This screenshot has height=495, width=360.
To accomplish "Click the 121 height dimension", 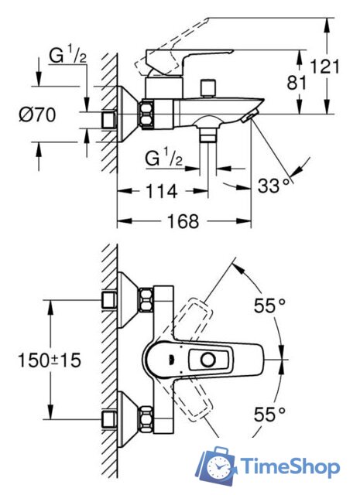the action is coord(325,67).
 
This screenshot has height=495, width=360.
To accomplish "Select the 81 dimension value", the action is coord(297,83).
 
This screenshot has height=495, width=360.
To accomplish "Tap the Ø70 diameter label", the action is coord(37,114).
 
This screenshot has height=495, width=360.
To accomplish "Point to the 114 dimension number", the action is coord(161,191).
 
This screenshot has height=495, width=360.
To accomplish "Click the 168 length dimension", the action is coord(183,221).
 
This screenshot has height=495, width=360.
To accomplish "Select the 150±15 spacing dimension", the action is coord(50,360).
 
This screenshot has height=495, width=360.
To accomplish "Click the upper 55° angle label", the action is coord(270,306).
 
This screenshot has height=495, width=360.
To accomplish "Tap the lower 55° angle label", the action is coord(270,414).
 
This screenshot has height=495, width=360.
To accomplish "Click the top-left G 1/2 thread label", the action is coord(67,56).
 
